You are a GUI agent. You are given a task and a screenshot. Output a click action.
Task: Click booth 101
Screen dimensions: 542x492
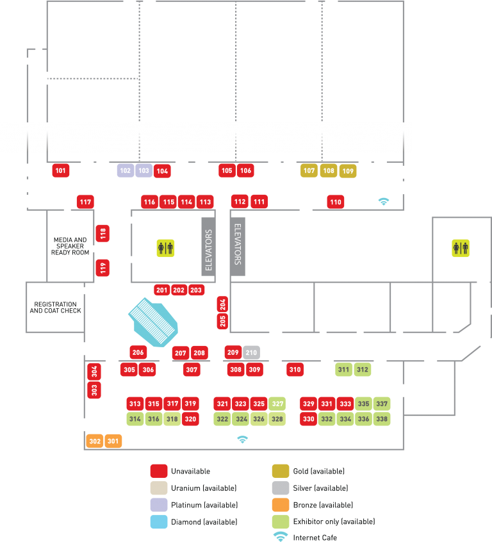(x=61, y=170)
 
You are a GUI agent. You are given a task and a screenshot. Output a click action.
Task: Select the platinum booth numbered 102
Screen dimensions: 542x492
(x=126, y=170)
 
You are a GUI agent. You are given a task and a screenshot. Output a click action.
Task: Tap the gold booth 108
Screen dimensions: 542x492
(x=328, y=170)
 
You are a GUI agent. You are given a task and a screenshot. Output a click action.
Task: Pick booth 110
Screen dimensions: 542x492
(x=336, y=202)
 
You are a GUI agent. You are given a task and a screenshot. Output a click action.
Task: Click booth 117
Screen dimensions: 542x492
(x=85, y=202)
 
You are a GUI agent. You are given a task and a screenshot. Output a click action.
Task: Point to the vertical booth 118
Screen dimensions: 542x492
(x=103, y=233)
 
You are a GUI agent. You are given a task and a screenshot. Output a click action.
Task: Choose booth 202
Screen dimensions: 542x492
(x=179, y=290)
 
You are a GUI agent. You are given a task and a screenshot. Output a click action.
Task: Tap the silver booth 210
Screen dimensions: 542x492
(x=251, y=352)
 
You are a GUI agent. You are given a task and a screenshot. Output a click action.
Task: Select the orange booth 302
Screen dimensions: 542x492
(x=95, y=441)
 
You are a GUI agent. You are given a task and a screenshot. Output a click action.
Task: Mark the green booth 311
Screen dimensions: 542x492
(x=344, y=370)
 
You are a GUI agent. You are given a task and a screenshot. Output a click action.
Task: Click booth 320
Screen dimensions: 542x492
(x=190, y=419)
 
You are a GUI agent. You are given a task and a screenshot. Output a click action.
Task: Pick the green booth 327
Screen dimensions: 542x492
(x=277, y=404)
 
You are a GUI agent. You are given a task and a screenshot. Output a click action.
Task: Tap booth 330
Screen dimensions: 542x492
(x=309, y=419)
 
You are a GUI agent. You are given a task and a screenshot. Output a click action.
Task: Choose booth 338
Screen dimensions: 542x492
(x=382, y=419)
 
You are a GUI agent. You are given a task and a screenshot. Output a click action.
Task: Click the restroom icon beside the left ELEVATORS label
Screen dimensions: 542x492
(x=165, y=248)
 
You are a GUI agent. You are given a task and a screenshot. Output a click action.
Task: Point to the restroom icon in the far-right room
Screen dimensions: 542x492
(x=461, y=248)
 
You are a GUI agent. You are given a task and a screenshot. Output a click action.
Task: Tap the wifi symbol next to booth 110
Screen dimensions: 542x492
(x=384, y=201)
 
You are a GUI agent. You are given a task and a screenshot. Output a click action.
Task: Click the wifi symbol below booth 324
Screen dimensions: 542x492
(x=242, y=439)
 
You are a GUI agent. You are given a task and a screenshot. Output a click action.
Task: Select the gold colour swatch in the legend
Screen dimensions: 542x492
(x=281, y=471)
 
